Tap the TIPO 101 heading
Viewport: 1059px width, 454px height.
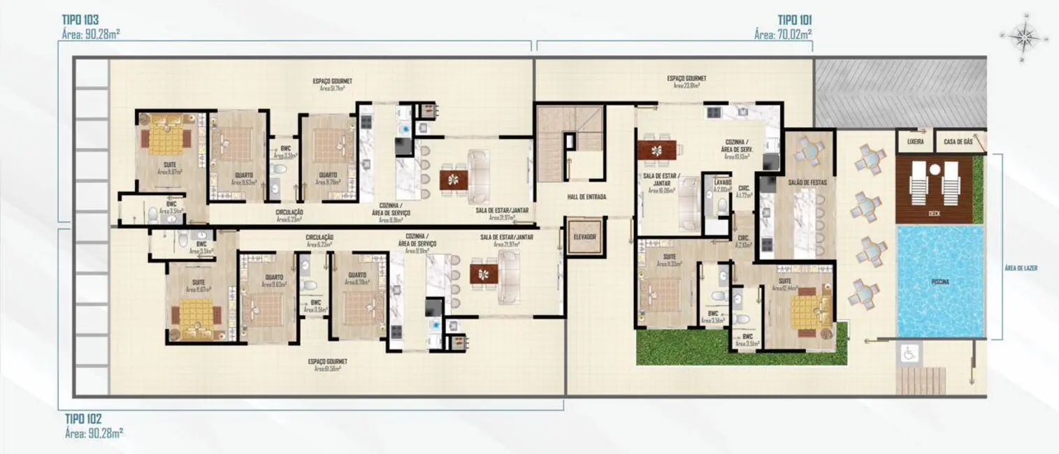click(794, 20)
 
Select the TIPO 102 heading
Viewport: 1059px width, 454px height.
click(83, 419)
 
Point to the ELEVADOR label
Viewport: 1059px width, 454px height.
click(583, 237)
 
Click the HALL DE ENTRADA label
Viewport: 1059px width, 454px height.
click(586, 198)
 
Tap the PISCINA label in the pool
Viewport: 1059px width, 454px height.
click(940, 281)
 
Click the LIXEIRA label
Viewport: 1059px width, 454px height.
click(915, 142)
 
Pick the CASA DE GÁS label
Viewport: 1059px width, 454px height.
click(958, 142)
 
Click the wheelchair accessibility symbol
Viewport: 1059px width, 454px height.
click(909, 354)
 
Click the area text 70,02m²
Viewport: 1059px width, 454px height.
click(784, 33)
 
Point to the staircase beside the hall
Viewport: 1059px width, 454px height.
click(569, 129)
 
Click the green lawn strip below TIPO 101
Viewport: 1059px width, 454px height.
click(699, 347)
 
